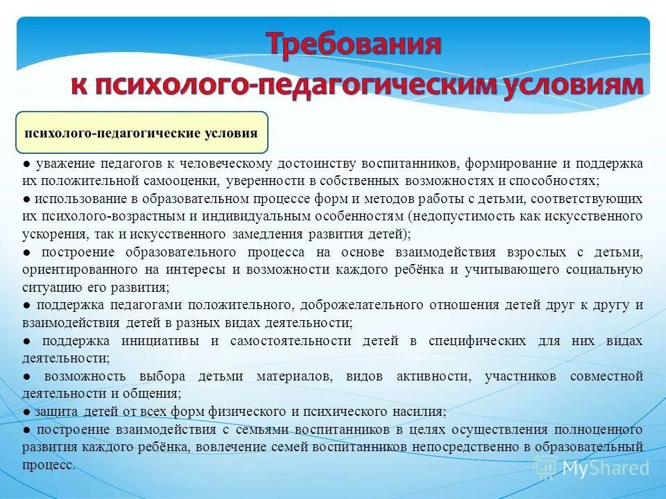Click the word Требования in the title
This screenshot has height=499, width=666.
pos(354,45)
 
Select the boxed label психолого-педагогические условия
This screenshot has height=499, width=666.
pos(142,133)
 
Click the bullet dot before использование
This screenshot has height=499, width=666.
pos(25,199)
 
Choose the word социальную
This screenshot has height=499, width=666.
pos(606,269)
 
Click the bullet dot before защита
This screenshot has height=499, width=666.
pos(25,412)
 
